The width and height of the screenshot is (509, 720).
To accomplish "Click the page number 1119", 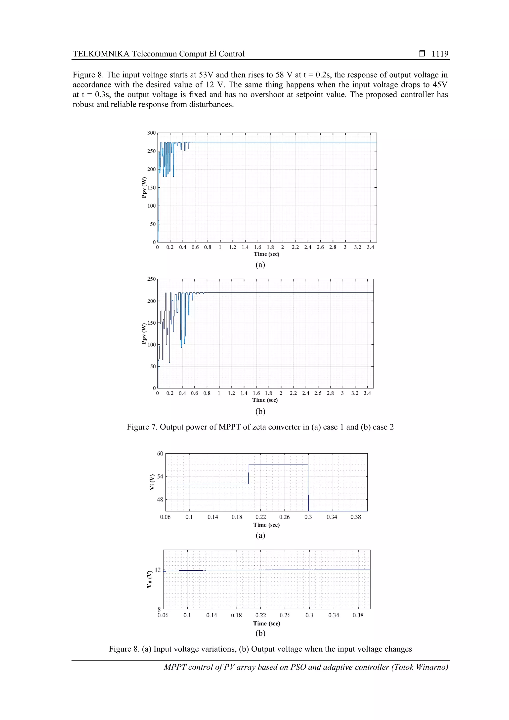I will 440,54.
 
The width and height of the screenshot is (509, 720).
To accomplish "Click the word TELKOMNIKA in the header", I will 101,54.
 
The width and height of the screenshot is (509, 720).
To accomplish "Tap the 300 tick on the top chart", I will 151,133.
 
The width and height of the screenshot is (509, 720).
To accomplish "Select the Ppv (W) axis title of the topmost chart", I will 144,188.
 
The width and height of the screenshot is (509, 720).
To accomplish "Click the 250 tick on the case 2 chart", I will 151,279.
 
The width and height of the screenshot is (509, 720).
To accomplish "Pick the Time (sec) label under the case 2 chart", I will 265,400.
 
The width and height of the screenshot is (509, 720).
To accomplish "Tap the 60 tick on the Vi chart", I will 160,454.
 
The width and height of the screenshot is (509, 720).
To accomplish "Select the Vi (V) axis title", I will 152,482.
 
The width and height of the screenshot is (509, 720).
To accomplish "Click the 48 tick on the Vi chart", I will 160,500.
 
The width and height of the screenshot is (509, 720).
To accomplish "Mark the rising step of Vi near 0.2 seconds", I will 249,474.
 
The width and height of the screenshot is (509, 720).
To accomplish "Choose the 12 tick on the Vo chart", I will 158,570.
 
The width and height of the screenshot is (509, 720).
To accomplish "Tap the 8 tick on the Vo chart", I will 159,609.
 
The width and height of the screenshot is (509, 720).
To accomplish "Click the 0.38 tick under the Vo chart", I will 358,616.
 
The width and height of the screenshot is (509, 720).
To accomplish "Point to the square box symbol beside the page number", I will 422,54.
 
